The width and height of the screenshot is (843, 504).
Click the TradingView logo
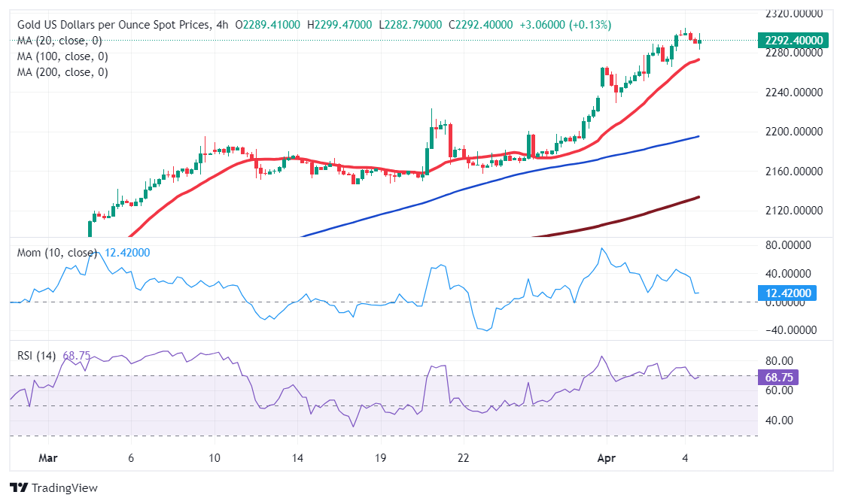53,488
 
